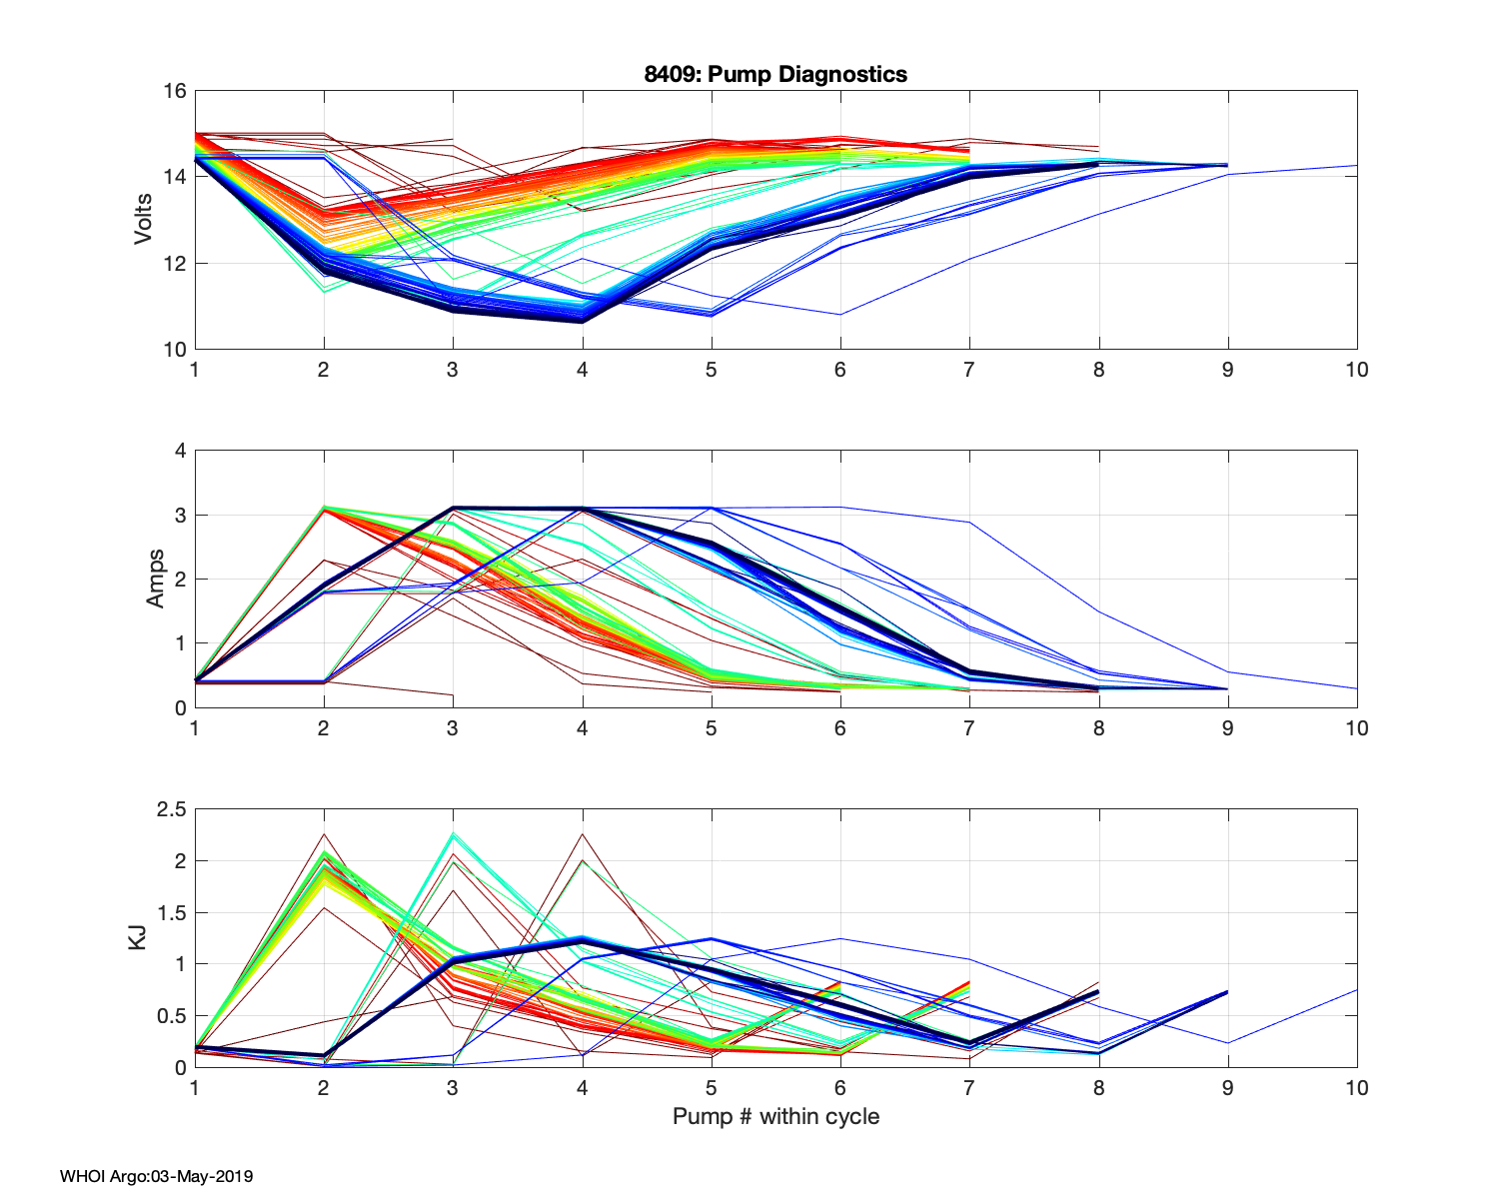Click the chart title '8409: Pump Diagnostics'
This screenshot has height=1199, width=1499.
click(x=775, y=74)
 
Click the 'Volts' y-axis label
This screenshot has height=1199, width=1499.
click(x=144, y=220)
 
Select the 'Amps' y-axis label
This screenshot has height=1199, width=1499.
click(x=156, y=579)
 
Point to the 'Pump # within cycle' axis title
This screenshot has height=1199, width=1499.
click(x=775, y=1116)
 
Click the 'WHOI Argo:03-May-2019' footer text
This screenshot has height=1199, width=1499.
click(x=156, y=1176)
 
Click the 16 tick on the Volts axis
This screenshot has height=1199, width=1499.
click(x=175, y=91)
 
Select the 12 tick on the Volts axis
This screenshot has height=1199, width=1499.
click(x=175, y=264)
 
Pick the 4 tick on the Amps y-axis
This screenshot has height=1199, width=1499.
click(x=181, y=451)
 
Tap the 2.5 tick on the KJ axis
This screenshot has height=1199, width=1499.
click(x=172, y=809)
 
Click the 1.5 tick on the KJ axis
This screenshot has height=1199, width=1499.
click(x=172, y=912)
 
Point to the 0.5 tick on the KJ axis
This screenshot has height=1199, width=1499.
click(x=172, y=1016)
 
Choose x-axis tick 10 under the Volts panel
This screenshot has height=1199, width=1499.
click(x=1356, y=370)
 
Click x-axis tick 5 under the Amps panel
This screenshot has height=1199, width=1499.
click(x=711, y=728)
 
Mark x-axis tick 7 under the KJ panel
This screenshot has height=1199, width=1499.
click(x=968, y=1087)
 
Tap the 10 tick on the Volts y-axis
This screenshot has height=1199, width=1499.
click(x=175, y=350)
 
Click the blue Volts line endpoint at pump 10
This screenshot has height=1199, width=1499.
click(x=1356, y=165)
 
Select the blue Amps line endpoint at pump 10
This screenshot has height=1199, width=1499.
click(x=1356, y=688)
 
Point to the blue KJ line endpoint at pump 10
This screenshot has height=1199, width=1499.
click(x=1356, y=990)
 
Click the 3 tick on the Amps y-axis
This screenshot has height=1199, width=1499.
click(x=181, y=516)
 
